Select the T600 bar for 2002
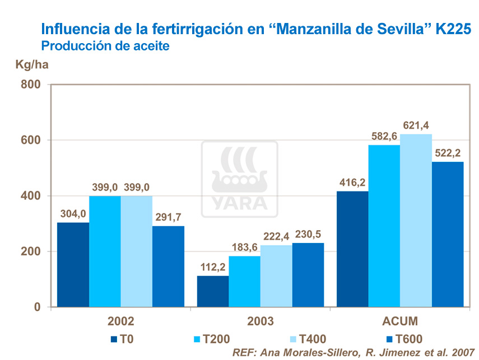pos(168,267)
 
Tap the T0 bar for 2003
pos(213,291)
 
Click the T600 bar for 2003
pos(308,275)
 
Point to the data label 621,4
pos(416,125)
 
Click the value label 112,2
pos(212,267)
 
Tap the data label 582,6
pos(384,136)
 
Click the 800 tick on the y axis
pos(31,85)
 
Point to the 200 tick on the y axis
pos(31,251)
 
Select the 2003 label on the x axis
pos(260,321)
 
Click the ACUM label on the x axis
pos(399,321)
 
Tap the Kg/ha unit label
pos(32,64)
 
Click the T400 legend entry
pos(308,338)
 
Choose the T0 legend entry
pos(124,338)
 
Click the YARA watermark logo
pos(239,179)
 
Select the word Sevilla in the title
pos(406,28)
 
